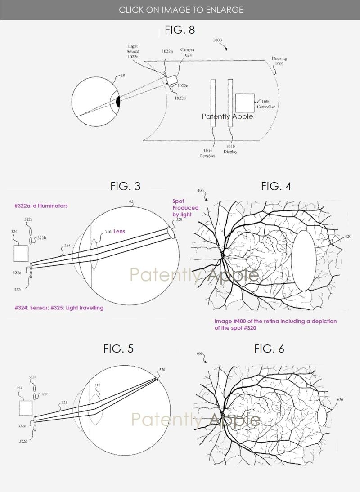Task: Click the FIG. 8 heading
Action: [x=180, y=30]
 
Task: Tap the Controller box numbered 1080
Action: [x=244, y=103]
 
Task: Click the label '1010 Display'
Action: [x=230, y=149]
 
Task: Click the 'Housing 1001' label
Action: [x=279, y=61]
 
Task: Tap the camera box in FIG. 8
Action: [x=172, y=80]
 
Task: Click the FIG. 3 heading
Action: [x=125, y=186]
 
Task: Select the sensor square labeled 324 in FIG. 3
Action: [x=21, y=253]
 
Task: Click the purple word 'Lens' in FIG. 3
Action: [x=119, y=232]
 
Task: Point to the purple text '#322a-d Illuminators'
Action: [x=41, y=206]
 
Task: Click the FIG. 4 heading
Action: [x=276, y=186]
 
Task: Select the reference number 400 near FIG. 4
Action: [x=200, y=191]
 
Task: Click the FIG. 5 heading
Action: [x=118, y=349]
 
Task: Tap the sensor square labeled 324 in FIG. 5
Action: [x=26, y=408]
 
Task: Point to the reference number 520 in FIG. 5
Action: [x=162, y=370]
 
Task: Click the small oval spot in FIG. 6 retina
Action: [x=322, y=416]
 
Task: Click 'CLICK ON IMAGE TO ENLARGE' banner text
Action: [x=181, y=9]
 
